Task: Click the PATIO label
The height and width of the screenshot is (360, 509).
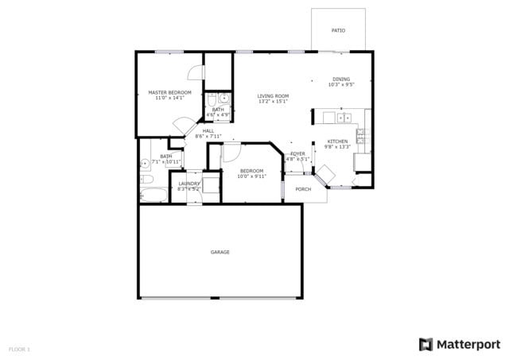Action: (338, 30)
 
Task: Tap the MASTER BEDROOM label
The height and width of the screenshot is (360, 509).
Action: (169, 93)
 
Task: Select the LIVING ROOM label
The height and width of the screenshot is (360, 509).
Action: (272, 96)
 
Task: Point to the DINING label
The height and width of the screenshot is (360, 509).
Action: (340, 79)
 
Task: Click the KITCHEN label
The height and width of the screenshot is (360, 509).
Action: (337, 141)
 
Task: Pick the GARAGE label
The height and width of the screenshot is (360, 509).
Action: (220, 252)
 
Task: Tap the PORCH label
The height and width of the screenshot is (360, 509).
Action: (303, 189)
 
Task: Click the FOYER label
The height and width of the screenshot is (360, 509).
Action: (297, 153)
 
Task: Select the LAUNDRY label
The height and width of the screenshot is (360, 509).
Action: (188, 184)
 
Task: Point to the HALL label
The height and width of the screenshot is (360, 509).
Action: (208, 131)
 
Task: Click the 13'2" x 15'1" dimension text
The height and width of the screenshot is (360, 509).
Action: (272, 102)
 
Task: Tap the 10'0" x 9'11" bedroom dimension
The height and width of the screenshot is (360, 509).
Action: (252, 176)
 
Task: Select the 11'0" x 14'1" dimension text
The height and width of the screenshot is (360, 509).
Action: (169, 99)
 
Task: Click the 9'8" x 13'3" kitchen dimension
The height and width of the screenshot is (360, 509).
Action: (337, 147)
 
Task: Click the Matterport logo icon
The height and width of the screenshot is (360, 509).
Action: (426, 344)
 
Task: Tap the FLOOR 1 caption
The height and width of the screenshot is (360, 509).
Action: (19, 349)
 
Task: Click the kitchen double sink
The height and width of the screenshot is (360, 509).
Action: (344, 118)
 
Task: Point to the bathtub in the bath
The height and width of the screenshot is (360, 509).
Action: (153, 194)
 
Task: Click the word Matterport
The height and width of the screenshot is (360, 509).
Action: (469, 344)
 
